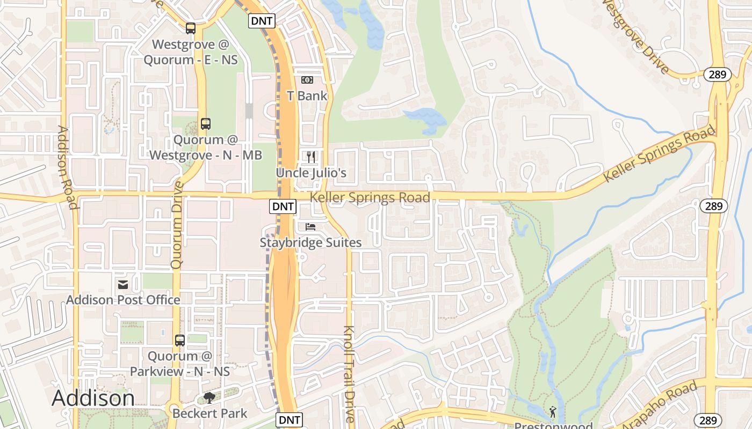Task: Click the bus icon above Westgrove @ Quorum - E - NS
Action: [x=191, y=28]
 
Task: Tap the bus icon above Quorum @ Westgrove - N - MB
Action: [x=205, y=124]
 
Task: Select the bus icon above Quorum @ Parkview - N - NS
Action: [x=180, y=340]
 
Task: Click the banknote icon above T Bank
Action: [x=307, y=80]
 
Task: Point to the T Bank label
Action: [x=307, y=96]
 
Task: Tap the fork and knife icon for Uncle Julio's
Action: [x=311, y=157]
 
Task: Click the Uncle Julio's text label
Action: [x=311, y=173]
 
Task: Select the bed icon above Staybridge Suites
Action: [x=310, y=227]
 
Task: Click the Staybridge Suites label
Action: [x=310, y=242]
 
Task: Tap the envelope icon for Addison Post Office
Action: [x=123, y=284]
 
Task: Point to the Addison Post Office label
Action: [x=123, y=300]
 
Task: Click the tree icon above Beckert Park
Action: [x=209, y=398]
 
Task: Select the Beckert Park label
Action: [x=209, y=413]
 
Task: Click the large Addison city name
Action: [x=93, y=398]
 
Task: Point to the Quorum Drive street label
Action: [x=177, y=225]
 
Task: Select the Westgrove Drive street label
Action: [x=635, y=36]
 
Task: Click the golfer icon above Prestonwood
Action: [x=552, y=412]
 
